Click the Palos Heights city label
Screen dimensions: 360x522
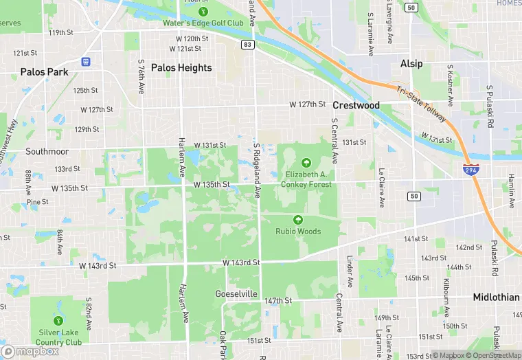click(181, 67)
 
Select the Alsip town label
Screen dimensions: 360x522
click(411, 63)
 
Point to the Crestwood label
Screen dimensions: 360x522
click(356, 105)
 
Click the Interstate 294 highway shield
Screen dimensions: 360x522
click(470, 169)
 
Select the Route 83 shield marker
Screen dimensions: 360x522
click(247, 44)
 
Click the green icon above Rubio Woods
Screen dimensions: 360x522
click(298, 220)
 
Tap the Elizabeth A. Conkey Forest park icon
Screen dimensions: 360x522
click(306, 161)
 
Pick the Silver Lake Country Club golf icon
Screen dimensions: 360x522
click(58, 320)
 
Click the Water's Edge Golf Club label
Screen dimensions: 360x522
click(203, 23)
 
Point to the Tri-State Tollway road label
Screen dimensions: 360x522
click(420, 105)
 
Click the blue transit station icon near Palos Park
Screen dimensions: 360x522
click(85, 60)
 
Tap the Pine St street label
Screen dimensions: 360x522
click(37, 202)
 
